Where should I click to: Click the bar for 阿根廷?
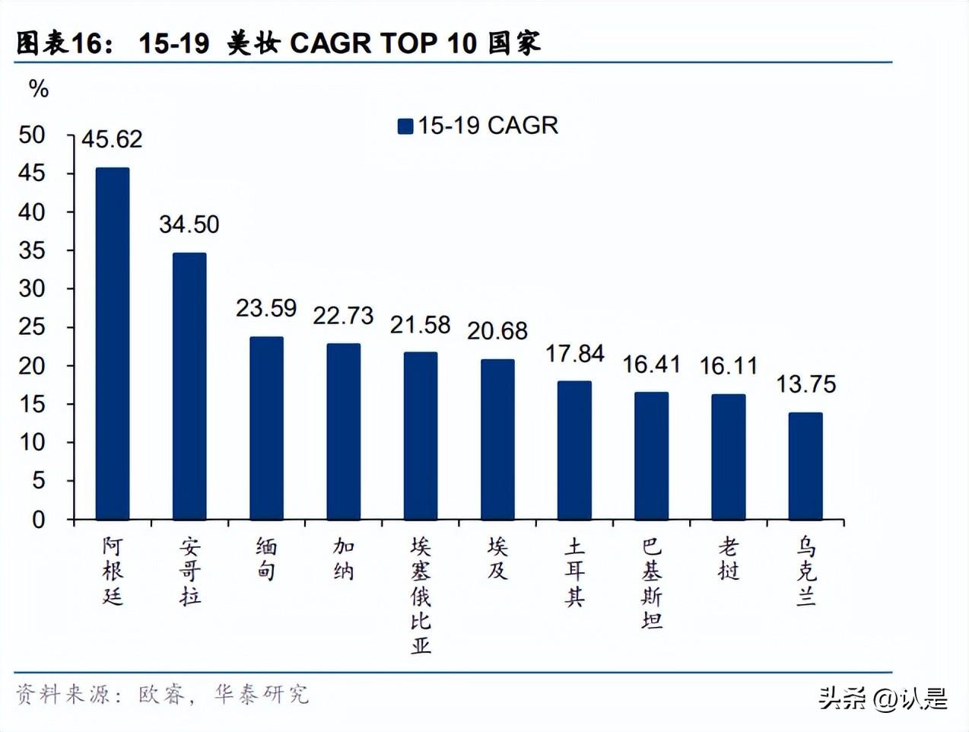point(113,344)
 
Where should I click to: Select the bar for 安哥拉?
point(189,387)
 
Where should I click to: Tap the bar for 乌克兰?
point(805,466)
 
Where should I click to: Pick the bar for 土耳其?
point(574,450)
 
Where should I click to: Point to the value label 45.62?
point(112,139)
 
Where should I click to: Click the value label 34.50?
point(189,224)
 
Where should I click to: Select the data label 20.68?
point(497,331)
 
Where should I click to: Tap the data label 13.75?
point(805,384)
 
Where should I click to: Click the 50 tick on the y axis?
point(32,135)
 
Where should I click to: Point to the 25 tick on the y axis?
point(32,327)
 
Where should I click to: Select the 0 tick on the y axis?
point(38,520)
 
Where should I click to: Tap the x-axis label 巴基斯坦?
point(652,583)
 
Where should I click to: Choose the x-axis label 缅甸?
point(266,559)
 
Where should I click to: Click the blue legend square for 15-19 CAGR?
point(405,126)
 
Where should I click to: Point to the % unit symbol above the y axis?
point(38,89)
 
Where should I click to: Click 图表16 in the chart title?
point(59,43)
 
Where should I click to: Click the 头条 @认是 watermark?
point(882,698)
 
